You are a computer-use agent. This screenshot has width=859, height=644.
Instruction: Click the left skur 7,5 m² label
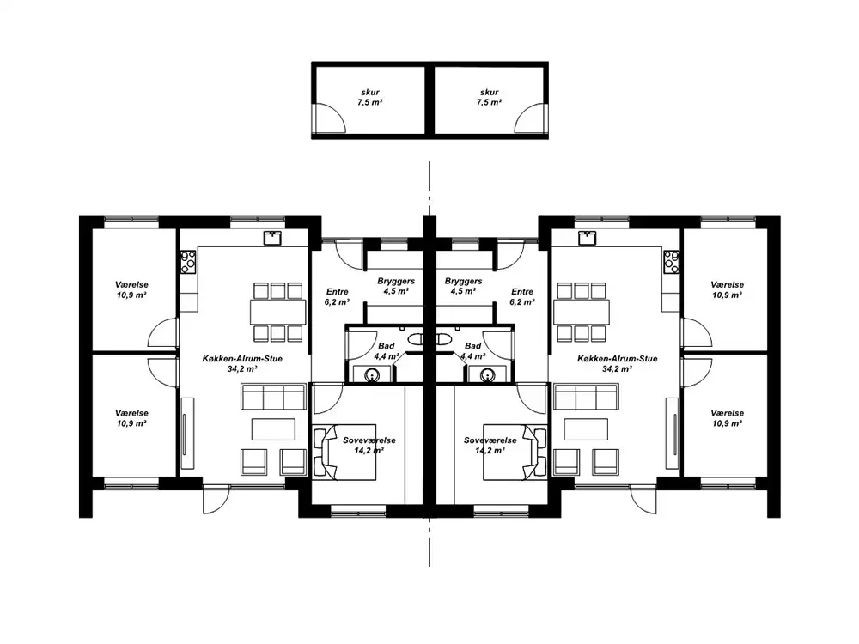369,98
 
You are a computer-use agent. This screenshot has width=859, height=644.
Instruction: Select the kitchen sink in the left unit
272,238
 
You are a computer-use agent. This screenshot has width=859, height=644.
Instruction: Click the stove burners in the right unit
671,262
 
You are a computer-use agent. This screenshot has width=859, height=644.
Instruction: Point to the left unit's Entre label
337,297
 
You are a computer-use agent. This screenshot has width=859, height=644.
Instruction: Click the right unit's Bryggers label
464,286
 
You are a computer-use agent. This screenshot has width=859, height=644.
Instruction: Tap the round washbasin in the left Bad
373,374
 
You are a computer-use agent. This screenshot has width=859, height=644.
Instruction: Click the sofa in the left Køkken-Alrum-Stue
273,397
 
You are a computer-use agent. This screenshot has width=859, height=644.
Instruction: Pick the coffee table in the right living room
586,429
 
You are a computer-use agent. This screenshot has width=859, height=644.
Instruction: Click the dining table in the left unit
278,313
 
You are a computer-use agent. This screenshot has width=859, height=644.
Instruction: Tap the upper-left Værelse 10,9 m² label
131,289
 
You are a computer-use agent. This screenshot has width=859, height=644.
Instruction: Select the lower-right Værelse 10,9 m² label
727,418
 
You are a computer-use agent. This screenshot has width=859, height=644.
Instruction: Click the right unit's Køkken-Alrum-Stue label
618,363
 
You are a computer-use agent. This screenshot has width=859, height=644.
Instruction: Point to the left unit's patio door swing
216,499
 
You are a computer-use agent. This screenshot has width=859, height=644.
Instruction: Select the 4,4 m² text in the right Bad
472,356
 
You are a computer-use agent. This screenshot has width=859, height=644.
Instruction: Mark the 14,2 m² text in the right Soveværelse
490,451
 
